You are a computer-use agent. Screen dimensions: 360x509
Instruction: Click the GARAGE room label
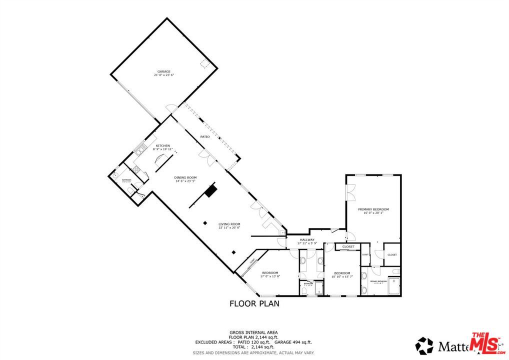pyautogui.click(x=164, y=71)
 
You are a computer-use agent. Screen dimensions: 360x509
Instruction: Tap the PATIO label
pyautogui.click(x=205, y=136)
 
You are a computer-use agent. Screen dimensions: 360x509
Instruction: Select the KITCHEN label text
pyautogui.click(x=162, y=145)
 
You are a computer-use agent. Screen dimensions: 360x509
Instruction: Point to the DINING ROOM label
pyautogui.click(x=185, y=177)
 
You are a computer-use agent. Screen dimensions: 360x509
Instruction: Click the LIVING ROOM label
pyautogui.click(x=229, y=223)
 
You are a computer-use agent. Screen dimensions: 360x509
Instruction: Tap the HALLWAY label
pyautogui.click(x=307, y=240)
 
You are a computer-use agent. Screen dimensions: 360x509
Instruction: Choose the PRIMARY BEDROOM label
pyautogui.click(x=373, y=209)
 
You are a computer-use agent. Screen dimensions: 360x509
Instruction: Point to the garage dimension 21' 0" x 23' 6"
pyautogui.click(x=164, y=75)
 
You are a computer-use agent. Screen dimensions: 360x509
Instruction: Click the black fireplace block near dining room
pyautogui.click(x=211, y=192)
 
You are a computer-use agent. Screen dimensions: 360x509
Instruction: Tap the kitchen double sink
pyautogui.click(x=140, y=147)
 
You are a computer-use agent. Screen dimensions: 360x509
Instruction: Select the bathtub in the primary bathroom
pyautogui.click(x=394, y=286)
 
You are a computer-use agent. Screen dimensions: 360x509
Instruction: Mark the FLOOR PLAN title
pyautogui.click(x=254, y=303)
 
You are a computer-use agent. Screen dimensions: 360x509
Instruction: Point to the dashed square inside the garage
pyautogui.click(x=204, y=64)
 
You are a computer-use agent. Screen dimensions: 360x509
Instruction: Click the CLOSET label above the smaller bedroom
pyautogui.click(x=348, y=246)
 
